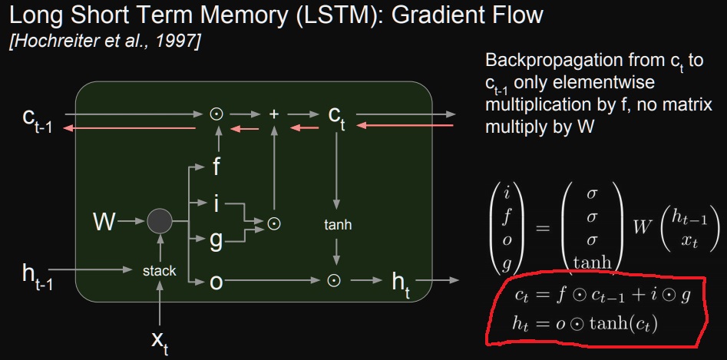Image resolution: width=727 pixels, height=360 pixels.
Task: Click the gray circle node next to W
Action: (159, 223)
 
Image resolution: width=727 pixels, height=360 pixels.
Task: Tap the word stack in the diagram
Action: (160, 270)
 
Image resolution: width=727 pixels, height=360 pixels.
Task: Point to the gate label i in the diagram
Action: (217, 203)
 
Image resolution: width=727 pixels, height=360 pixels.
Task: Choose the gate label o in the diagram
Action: (217, 282)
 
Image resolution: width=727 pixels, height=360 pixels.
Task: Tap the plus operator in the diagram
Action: (275, 114)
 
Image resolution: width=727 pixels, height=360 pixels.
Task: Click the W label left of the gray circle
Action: (104, 223)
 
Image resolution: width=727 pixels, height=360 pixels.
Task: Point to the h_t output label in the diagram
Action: (401, 283)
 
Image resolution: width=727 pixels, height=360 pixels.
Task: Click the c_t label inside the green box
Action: (336, 115)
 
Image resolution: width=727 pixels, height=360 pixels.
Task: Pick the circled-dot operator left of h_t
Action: (334, 281)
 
